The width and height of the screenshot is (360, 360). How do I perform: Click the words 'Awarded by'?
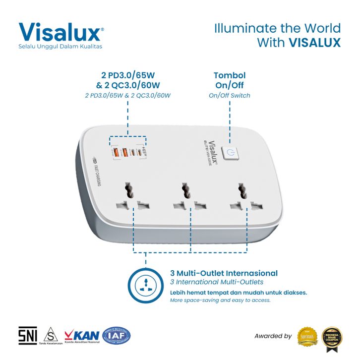tap(273, 336)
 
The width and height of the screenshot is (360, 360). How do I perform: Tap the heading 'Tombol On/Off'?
tap(230, 80)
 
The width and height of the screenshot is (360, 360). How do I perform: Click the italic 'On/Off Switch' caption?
tap(230, 95)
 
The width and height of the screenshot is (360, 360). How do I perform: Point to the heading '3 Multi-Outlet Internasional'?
tap(224, 273)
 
